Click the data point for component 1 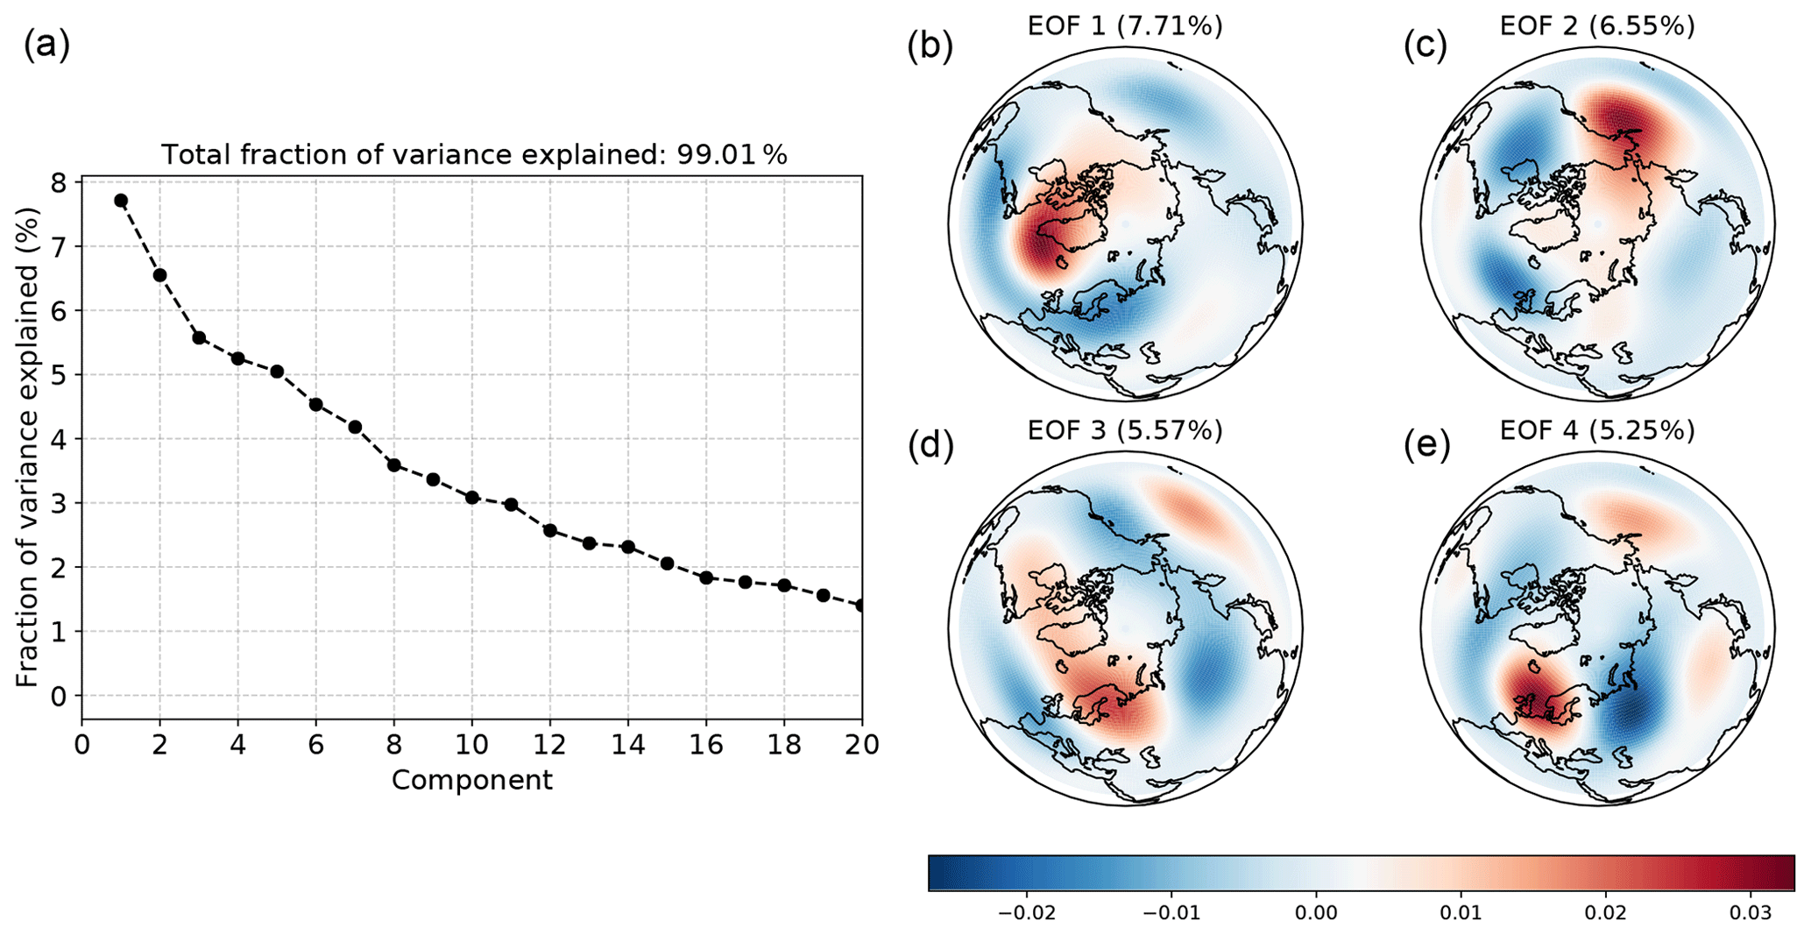(x=121, y=201)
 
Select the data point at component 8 (x=394, y=464)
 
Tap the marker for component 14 (x=628, y=547)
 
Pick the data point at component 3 (x=199, y=337)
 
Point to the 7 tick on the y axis (x=64, y=246)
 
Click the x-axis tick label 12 (x=550, y=745)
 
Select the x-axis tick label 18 (x=784, y=745)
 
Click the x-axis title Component (x=471, y=780)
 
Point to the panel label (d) (x=930, y=445)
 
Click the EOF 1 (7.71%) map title (x=1125, y=26)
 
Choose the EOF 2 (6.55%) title (x=1597, y=26)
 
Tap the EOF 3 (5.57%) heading (x=1125, y=430)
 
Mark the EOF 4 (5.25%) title (x=1597, y=430)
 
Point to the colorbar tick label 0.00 (x=1315, y=914)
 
